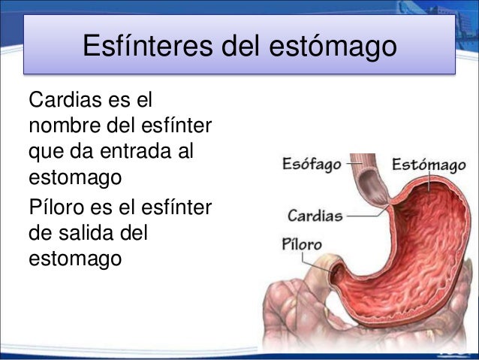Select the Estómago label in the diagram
pos(426,164)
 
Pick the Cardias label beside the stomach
pos(315,216)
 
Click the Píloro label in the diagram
pos(301,244)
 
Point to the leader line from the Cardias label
pos(364,216)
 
